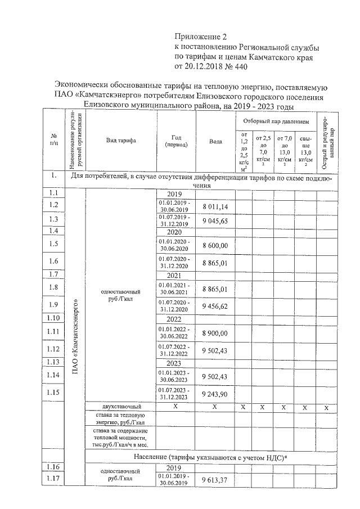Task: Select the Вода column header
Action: (215, 141)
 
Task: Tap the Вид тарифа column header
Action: (121, 141)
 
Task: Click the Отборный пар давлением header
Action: (276, 121)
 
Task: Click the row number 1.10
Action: (54, 319)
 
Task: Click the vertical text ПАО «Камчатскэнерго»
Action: (75, 337)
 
